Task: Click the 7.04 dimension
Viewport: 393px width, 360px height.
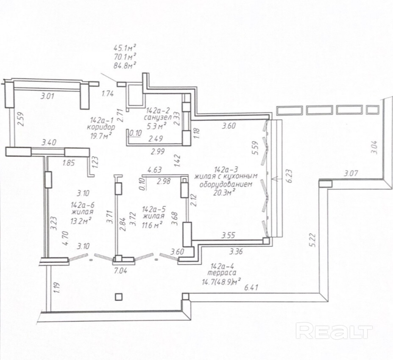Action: (121, 271)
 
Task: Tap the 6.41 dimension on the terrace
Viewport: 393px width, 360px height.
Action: (251, 287)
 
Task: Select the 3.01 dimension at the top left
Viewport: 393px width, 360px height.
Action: (47, 96)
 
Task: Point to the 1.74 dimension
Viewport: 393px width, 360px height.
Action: (108, 94)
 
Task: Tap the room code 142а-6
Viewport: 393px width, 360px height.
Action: (83, 205)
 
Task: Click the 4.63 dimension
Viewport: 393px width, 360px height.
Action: (154, 170)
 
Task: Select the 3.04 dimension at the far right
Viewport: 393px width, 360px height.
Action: (374, 147)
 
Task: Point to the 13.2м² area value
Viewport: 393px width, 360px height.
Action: (81, 220)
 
